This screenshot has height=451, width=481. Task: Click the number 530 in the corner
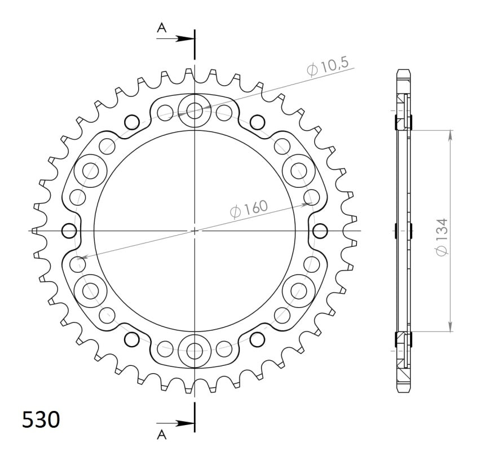coord(40,420)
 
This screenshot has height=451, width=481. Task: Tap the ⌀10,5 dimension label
coord(328,68)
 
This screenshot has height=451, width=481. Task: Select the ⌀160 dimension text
coord(249,209)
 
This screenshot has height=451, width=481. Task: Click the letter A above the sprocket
coord(162,27)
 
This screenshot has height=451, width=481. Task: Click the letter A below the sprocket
coord(162,434)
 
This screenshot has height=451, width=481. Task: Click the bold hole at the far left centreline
coord(69,231)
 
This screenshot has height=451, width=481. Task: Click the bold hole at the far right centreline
coord(320,231)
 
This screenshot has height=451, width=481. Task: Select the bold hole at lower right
coord(257,339)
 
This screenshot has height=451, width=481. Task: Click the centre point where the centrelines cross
coord(195,231)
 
